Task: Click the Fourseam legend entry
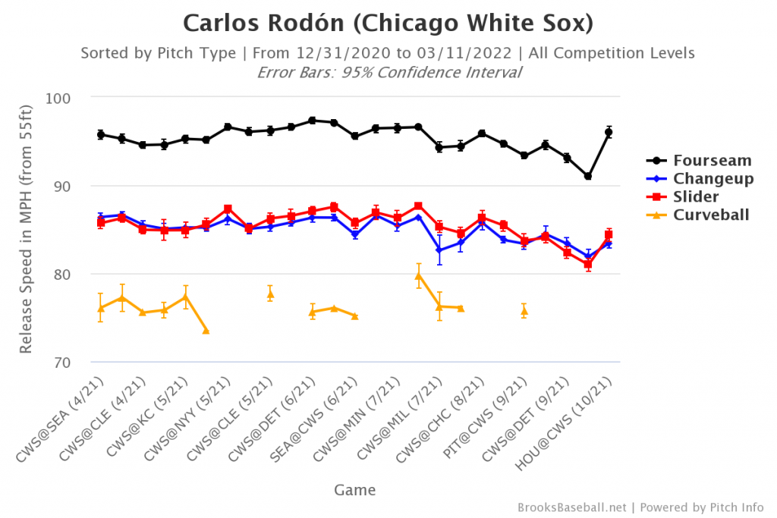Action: pyautogui.click(x=710, y=160)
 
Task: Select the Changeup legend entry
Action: pyautogui.click(x=710, y=178)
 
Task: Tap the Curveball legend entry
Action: pyautogui.click(x=710, y=215)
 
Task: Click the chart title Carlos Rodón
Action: pyautogui.click(x=388, y=24)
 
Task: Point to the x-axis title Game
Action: pyautogui.click(x=354, y=490)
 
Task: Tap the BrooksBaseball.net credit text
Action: pyautogui.click(x=573, y=507)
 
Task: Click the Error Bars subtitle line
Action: pyautogui.click(x=388, y=73)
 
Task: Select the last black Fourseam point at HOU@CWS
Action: pyautogui.click(x=609, y=133)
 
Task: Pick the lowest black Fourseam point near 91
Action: pyautogui.click(x=588, y=176)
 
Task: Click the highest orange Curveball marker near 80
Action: pyautogui.click(x=418, y=275)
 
